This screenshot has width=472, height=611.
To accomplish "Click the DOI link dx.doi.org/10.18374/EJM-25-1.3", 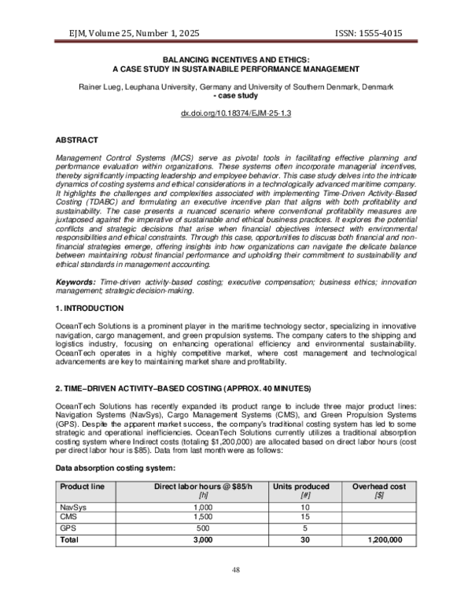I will point(236,114).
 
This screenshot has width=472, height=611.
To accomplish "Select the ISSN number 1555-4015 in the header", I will point(381,32).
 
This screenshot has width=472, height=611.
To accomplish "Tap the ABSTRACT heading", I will point(76,139).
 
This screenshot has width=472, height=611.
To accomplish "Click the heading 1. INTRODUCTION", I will point(89,308).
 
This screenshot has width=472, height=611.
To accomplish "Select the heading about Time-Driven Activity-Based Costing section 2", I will point(183,389).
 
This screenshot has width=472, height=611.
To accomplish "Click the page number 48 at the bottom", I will point(236,569).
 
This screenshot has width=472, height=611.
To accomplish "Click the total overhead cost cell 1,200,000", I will point(385,541).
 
